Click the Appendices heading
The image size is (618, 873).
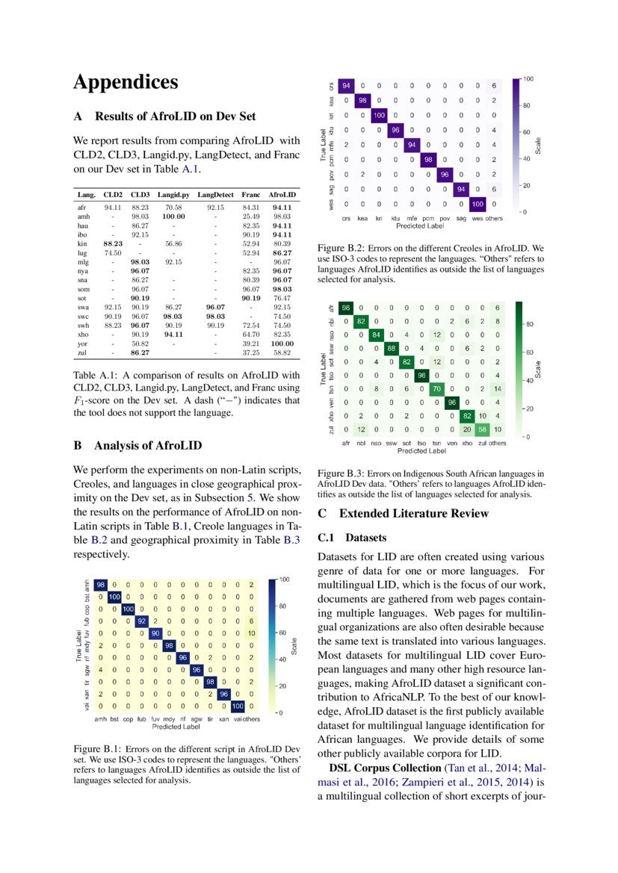coord(126,81)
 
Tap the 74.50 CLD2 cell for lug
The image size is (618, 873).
coord(112,253)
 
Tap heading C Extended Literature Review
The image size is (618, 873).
coord(403,513)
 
